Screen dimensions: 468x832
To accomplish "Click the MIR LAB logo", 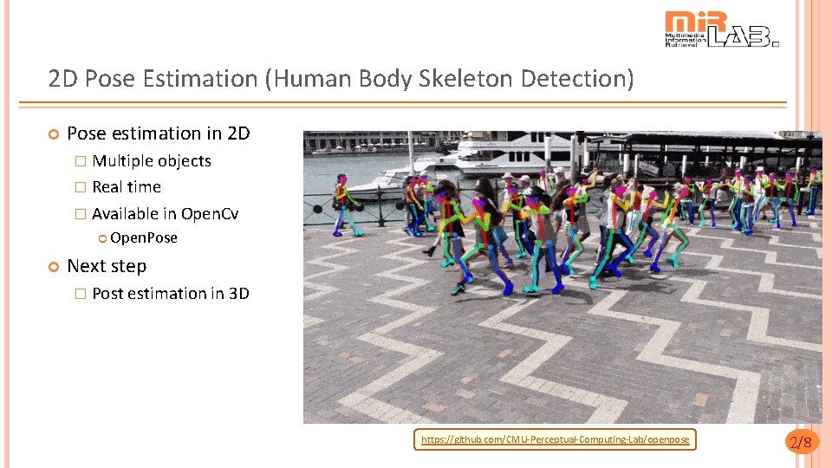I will coord(721,29).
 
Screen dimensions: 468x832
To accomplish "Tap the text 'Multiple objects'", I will coord(152,161).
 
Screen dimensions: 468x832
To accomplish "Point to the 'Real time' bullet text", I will coord(127,187).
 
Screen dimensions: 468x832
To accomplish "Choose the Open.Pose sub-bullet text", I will coord(144,237).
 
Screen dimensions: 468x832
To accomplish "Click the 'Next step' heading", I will coord(107,266).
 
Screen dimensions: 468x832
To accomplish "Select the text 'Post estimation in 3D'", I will coord(171,294).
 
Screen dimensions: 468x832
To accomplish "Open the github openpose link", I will coord(555,440).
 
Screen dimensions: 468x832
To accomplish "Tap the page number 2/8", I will coord(800,443).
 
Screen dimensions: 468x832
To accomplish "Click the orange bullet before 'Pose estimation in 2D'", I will coord(53,134).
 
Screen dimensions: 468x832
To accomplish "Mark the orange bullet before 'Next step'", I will coord(53,267).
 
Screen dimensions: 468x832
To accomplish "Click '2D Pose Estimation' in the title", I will coord(153,80).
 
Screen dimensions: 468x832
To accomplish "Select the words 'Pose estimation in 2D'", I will coord(158,133).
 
